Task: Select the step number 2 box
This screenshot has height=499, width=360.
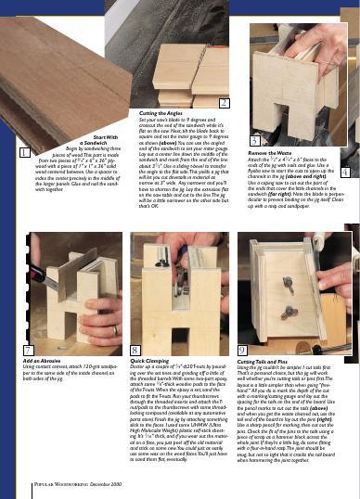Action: (x=224, y=102)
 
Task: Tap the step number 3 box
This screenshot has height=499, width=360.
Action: (x=253, y=138)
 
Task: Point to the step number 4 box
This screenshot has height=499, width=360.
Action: (x=345, y=173)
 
